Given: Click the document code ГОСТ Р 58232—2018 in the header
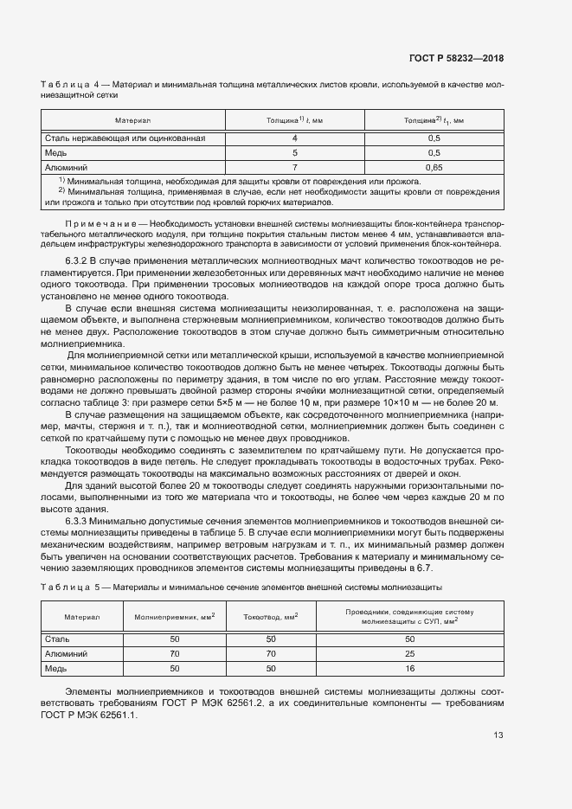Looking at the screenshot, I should coord(455,58).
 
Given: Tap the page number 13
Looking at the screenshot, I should coord(497,735).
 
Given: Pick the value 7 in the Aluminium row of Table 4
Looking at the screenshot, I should coord(294,166).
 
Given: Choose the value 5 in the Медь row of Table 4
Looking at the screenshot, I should coord(294,152).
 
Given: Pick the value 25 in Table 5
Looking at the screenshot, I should coord(410,654).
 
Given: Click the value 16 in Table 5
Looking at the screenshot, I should coord(410,669).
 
